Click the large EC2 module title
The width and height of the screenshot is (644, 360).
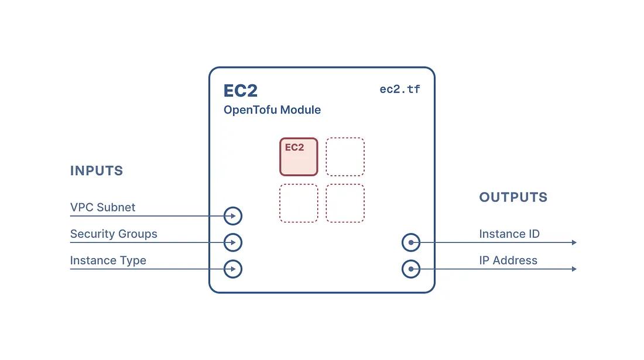[240, 91]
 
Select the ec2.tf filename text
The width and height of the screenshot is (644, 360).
[400, 89]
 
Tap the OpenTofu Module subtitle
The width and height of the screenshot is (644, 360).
[272, 110]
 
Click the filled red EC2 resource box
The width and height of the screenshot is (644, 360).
[299, 157]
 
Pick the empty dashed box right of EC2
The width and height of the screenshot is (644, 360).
[345, 157]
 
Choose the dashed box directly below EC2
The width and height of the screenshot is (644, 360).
[299, 203]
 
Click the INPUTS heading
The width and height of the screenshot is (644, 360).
[97, 171]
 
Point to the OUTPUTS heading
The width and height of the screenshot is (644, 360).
[513, 197]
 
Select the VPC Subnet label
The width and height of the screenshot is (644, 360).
[102, 207]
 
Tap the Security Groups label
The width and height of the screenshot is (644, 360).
[114, 234]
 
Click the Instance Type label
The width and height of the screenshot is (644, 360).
[108, 260]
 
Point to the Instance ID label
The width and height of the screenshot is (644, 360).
[509, 234]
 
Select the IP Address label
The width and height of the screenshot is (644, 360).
[508, 260]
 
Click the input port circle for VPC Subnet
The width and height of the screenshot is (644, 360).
[233, 207]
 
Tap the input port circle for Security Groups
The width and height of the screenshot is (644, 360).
[233, 234]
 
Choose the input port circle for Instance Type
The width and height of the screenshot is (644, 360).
[233, 260]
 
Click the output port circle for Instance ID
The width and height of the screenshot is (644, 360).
[411, 234]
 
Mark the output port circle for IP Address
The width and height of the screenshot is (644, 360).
[411, 260]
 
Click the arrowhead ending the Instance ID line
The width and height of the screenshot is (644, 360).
[574, 242]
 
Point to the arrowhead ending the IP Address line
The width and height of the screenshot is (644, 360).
[574, 269]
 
